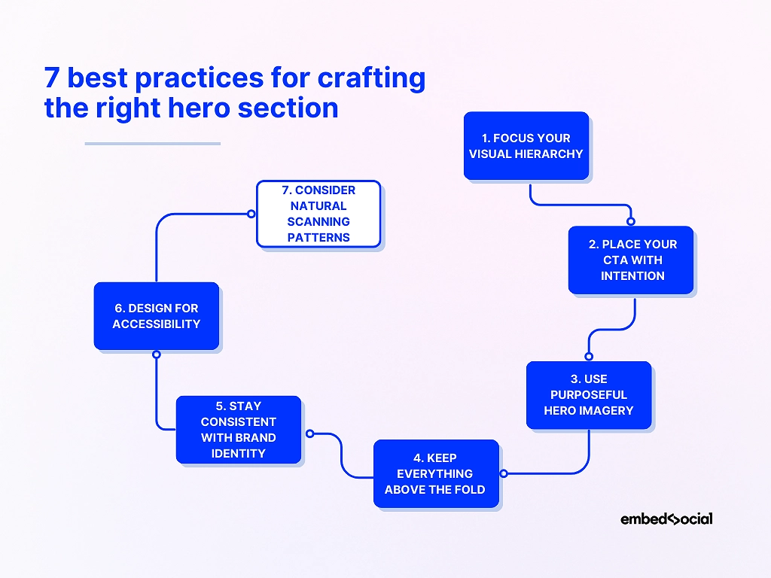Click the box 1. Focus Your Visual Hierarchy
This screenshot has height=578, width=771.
526,146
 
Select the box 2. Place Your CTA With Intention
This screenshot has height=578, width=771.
631,260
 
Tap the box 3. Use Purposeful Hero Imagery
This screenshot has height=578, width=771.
589,395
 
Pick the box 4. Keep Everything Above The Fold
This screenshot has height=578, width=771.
436,473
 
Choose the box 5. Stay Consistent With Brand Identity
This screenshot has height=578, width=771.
239,430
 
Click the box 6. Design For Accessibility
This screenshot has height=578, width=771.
157,316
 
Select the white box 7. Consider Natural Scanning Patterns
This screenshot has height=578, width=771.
318,214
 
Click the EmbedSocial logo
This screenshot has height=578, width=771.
666,519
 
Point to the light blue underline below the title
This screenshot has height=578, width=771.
153,143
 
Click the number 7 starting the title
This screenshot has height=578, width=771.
52,78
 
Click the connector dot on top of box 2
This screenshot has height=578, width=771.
631,221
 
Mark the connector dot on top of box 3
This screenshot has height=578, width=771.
589,357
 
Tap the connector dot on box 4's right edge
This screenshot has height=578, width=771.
504,473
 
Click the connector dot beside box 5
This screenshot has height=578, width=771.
309,433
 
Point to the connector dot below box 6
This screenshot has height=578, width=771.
157,354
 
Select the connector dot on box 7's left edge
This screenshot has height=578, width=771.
251,214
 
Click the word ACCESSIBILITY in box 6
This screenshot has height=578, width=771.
157,324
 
